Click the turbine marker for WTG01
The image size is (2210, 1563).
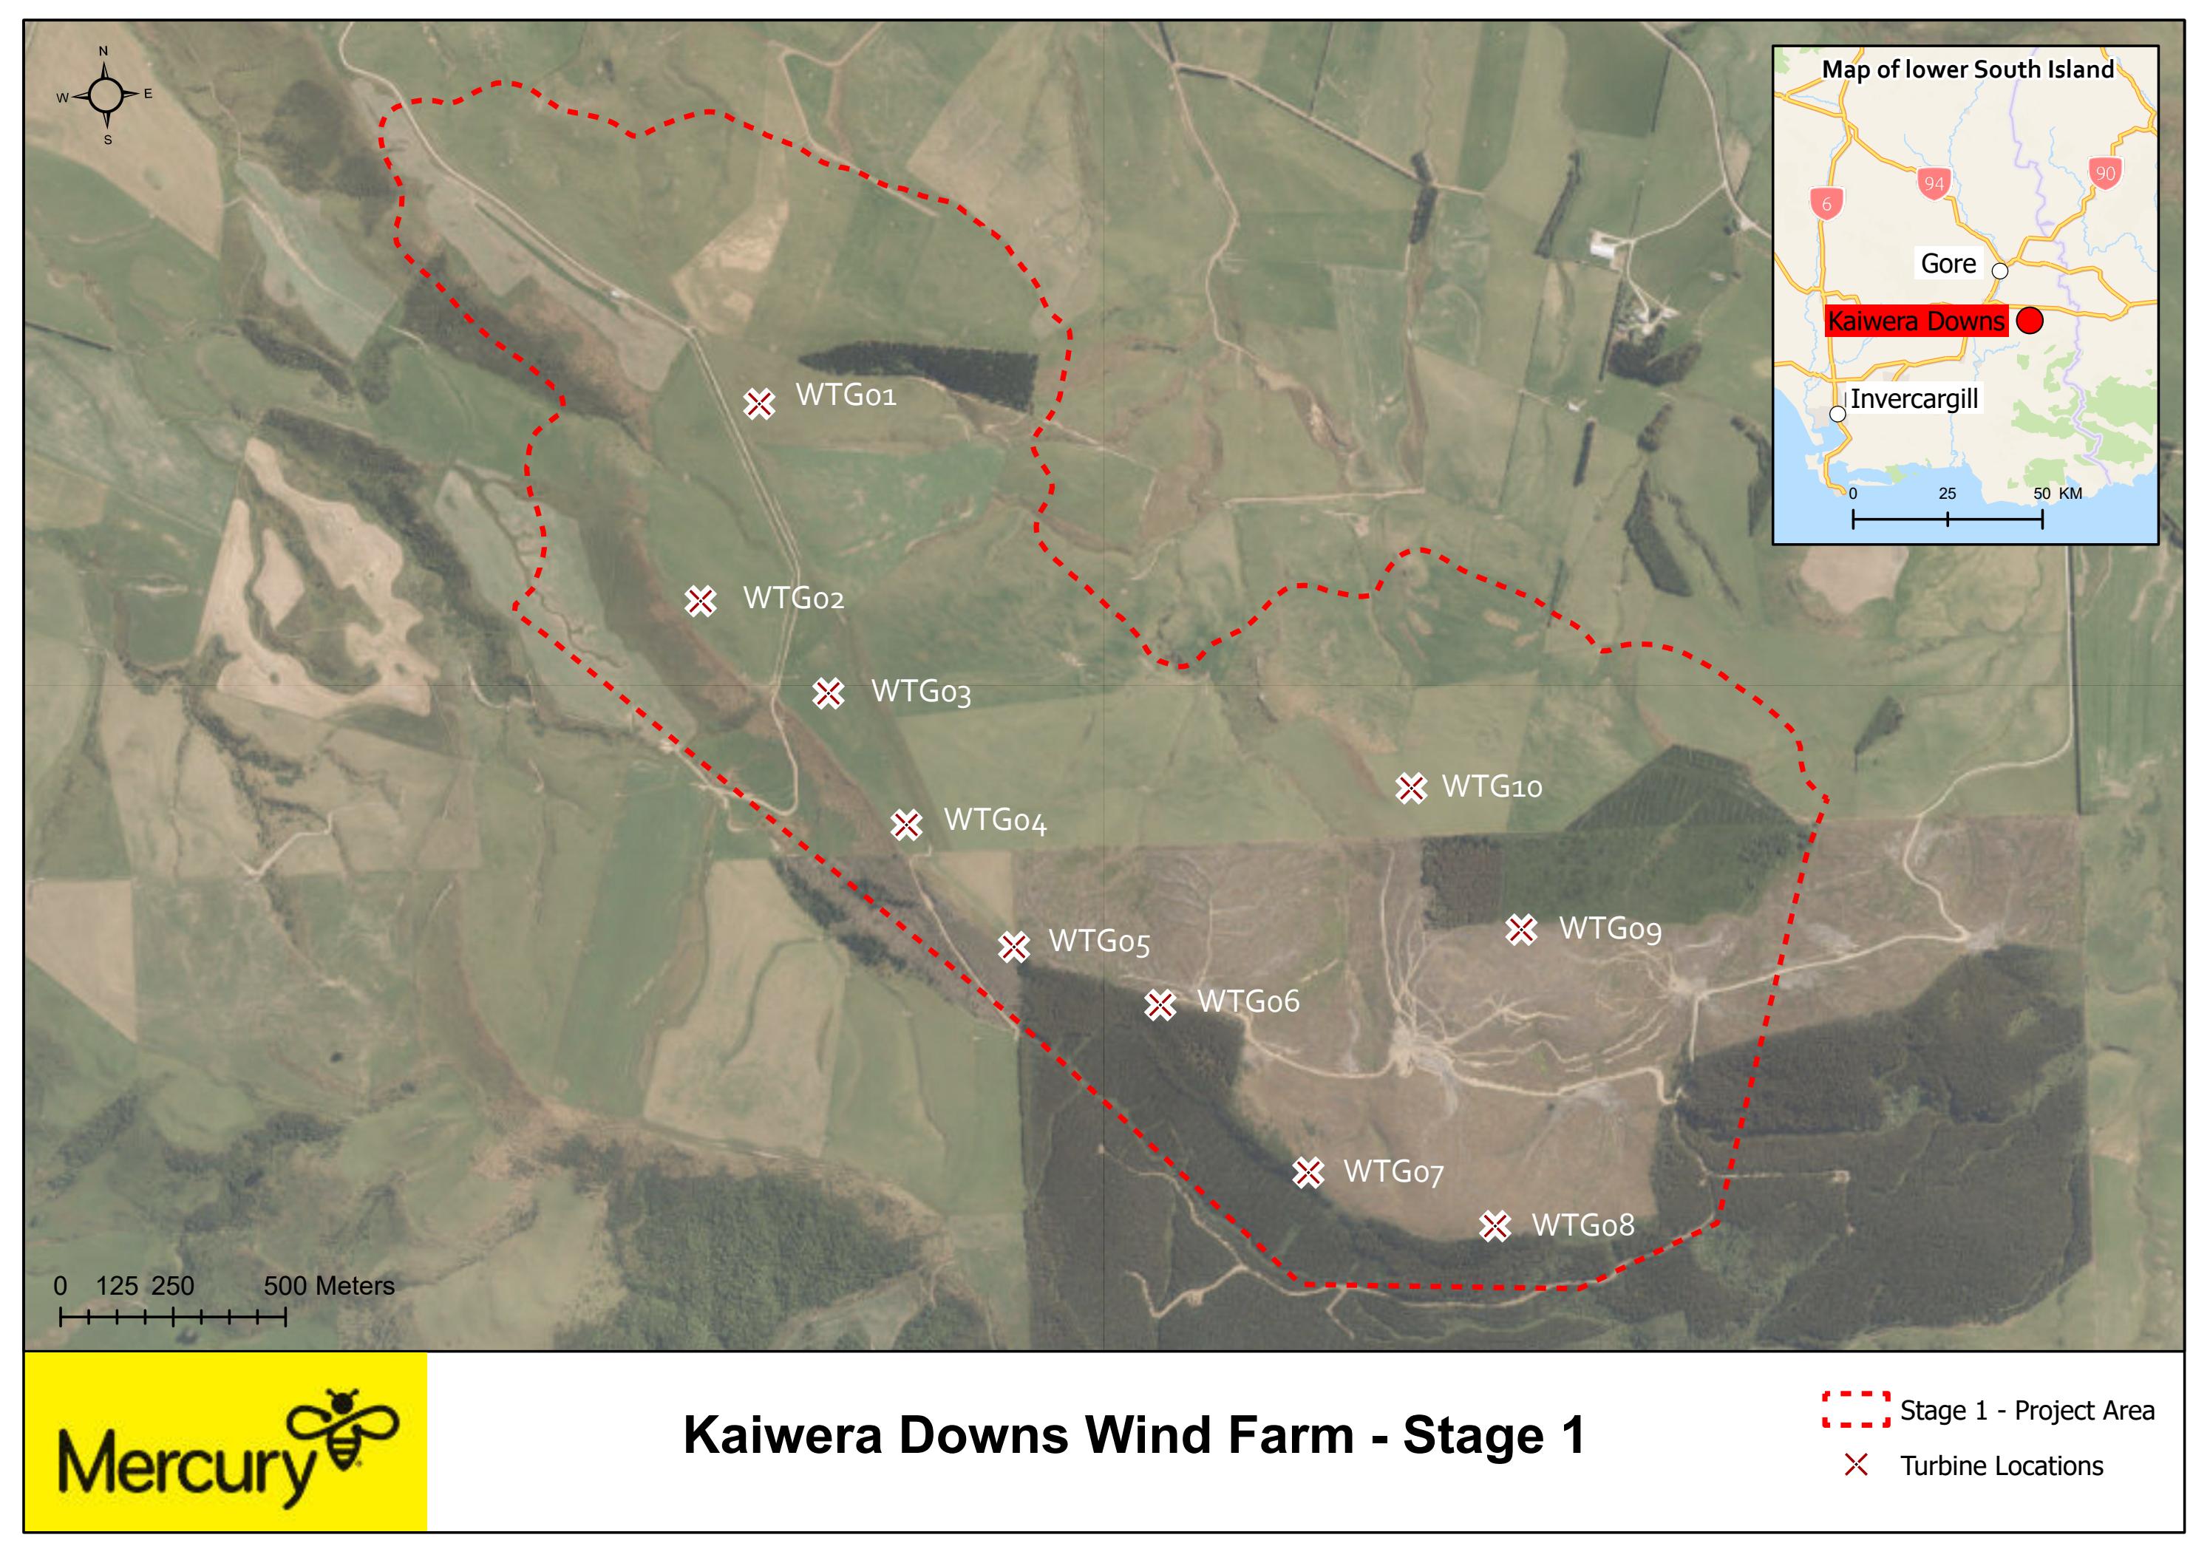click(759, 403)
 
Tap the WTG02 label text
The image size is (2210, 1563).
click(793, 599)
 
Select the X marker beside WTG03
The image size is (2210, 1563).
click(828, 693)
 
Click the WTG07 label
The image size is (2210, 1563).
click(1393, 1172)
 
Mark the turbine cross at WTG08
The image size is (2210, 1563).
click(1495, 1226)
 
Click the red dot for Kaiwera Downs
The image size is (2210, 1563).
click(2030, 321)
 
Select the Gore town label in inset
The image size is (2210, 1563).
click(1948, 264)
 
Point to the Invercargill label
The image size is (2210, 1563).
click(1914, 398)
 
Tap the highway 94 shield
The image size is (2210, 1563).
click(1934, 183)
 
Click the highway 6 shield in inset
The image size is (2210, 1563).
click(1826, 204)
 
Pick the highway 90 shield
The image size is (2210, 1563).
click(2105, 173)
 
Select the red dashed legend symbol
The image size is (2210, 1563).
click(1854, 1410)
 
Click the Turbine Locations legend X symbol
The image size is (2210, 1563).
click(1854, 1465)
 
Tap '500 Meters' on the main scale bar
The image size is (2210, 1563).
click(328, 1286)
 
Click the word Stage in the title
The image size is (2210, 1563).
click(1461, 1436)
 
